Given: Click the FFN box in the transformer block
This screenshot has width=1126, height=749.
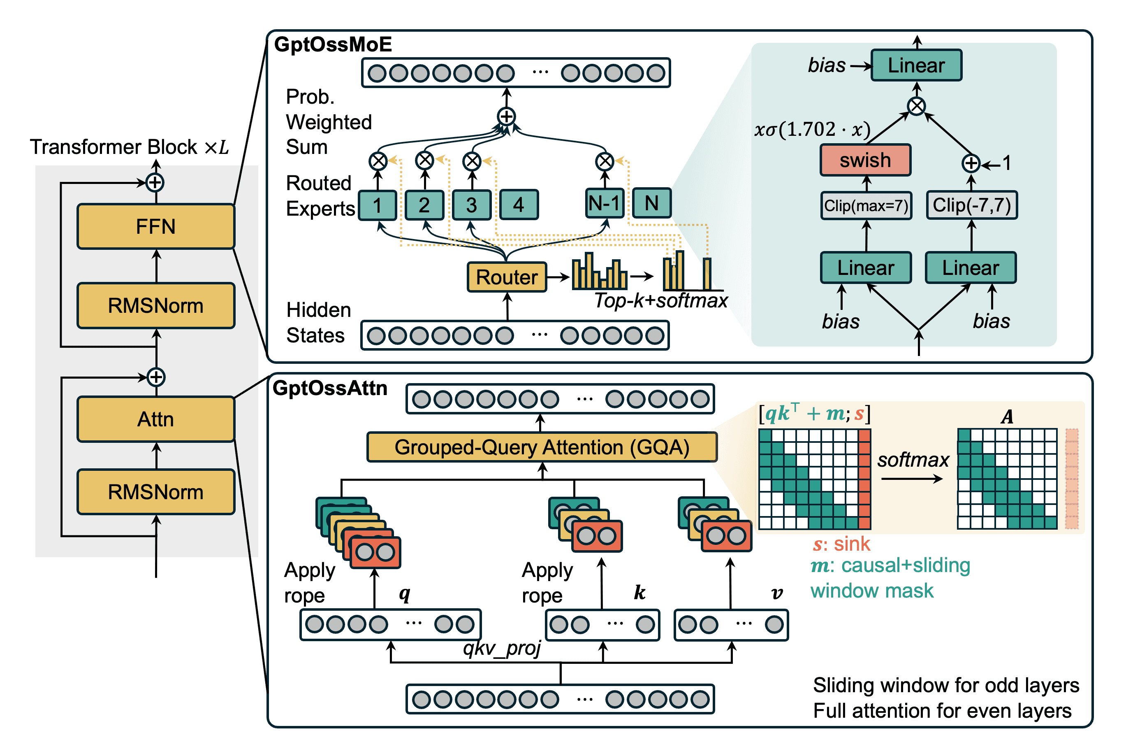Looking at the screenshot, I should (155, 226).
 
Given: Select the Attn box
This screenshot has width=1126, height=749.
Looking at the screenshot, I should (155, 419).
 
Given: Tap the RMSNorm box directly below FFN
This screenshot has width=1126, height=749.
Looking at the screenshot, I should (155, 306).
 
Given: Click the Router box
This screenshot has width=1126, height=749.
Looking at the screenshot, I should (506, 277).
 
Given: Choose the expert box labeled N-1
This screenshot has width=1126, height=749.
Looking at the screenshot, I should (604, 203).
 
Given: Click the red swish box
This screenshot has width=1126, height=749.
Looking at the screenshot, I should (865, 160).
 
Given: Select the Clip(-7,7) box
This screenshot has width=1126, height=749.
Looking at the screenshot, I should (971, 205).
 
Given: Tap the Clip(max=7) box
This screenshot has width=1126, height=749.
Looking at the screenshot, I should (866, 206).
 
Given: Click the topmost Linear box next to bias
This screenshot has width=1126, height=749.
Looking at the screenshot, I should (915, 65).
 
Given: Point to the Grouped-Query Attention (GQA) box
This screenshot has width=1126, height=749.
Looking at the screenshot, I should (542, 447).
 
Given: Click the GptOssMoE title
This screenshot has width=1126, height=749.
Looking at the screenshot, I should (333, 44).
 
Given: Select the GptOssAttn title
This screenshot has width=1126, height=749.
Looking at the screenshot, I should (330, 388).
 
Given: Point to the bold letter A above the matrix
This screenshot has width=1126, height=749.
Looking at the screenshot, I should (1007, 416).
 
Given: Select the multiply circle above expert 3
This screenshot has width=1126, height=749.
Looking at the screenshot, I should (472, 161).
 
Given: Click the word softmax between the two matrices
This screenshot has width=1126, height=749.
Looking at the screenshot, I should (913, 460).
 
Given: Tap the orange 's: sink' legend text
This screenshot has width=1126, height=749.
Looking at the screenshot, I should (841, 544).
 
